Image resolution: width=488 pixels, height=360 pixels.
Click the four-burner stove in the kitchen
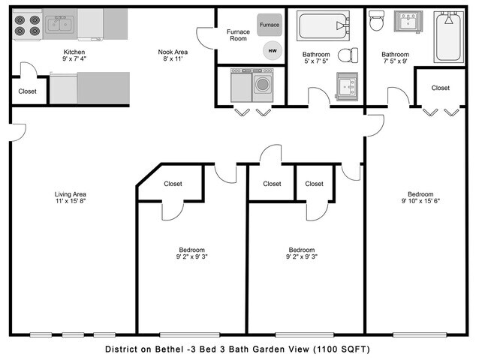[27, 26]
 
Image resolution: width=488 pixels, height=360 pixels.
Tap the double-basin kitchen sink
[60, 25]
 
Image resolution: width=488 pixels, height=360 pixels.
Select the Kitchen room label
[74, 52]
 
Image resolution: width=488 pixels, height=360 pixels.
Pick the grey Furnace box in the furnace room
[270, 25]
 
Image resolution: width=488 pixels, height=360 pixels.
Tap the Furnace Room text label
[238, 35]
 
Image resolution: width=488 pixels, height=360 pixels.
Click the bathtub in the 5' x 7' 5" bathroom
[322, 27]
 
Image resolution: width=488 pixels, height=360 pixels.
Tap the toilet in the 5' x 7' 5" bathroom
[348, 55]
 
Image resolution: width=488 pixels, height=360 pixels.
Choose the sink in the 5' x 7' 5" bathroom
[347, 86]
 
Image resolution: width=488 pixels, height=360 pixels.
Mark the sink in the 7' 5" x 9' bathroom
[410, 22]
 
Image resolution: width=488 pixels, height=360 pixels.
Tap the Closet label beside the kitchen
[26, 92]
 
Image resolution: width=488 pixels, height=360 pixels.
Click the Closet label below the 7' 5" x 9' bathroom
[441, 88]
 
